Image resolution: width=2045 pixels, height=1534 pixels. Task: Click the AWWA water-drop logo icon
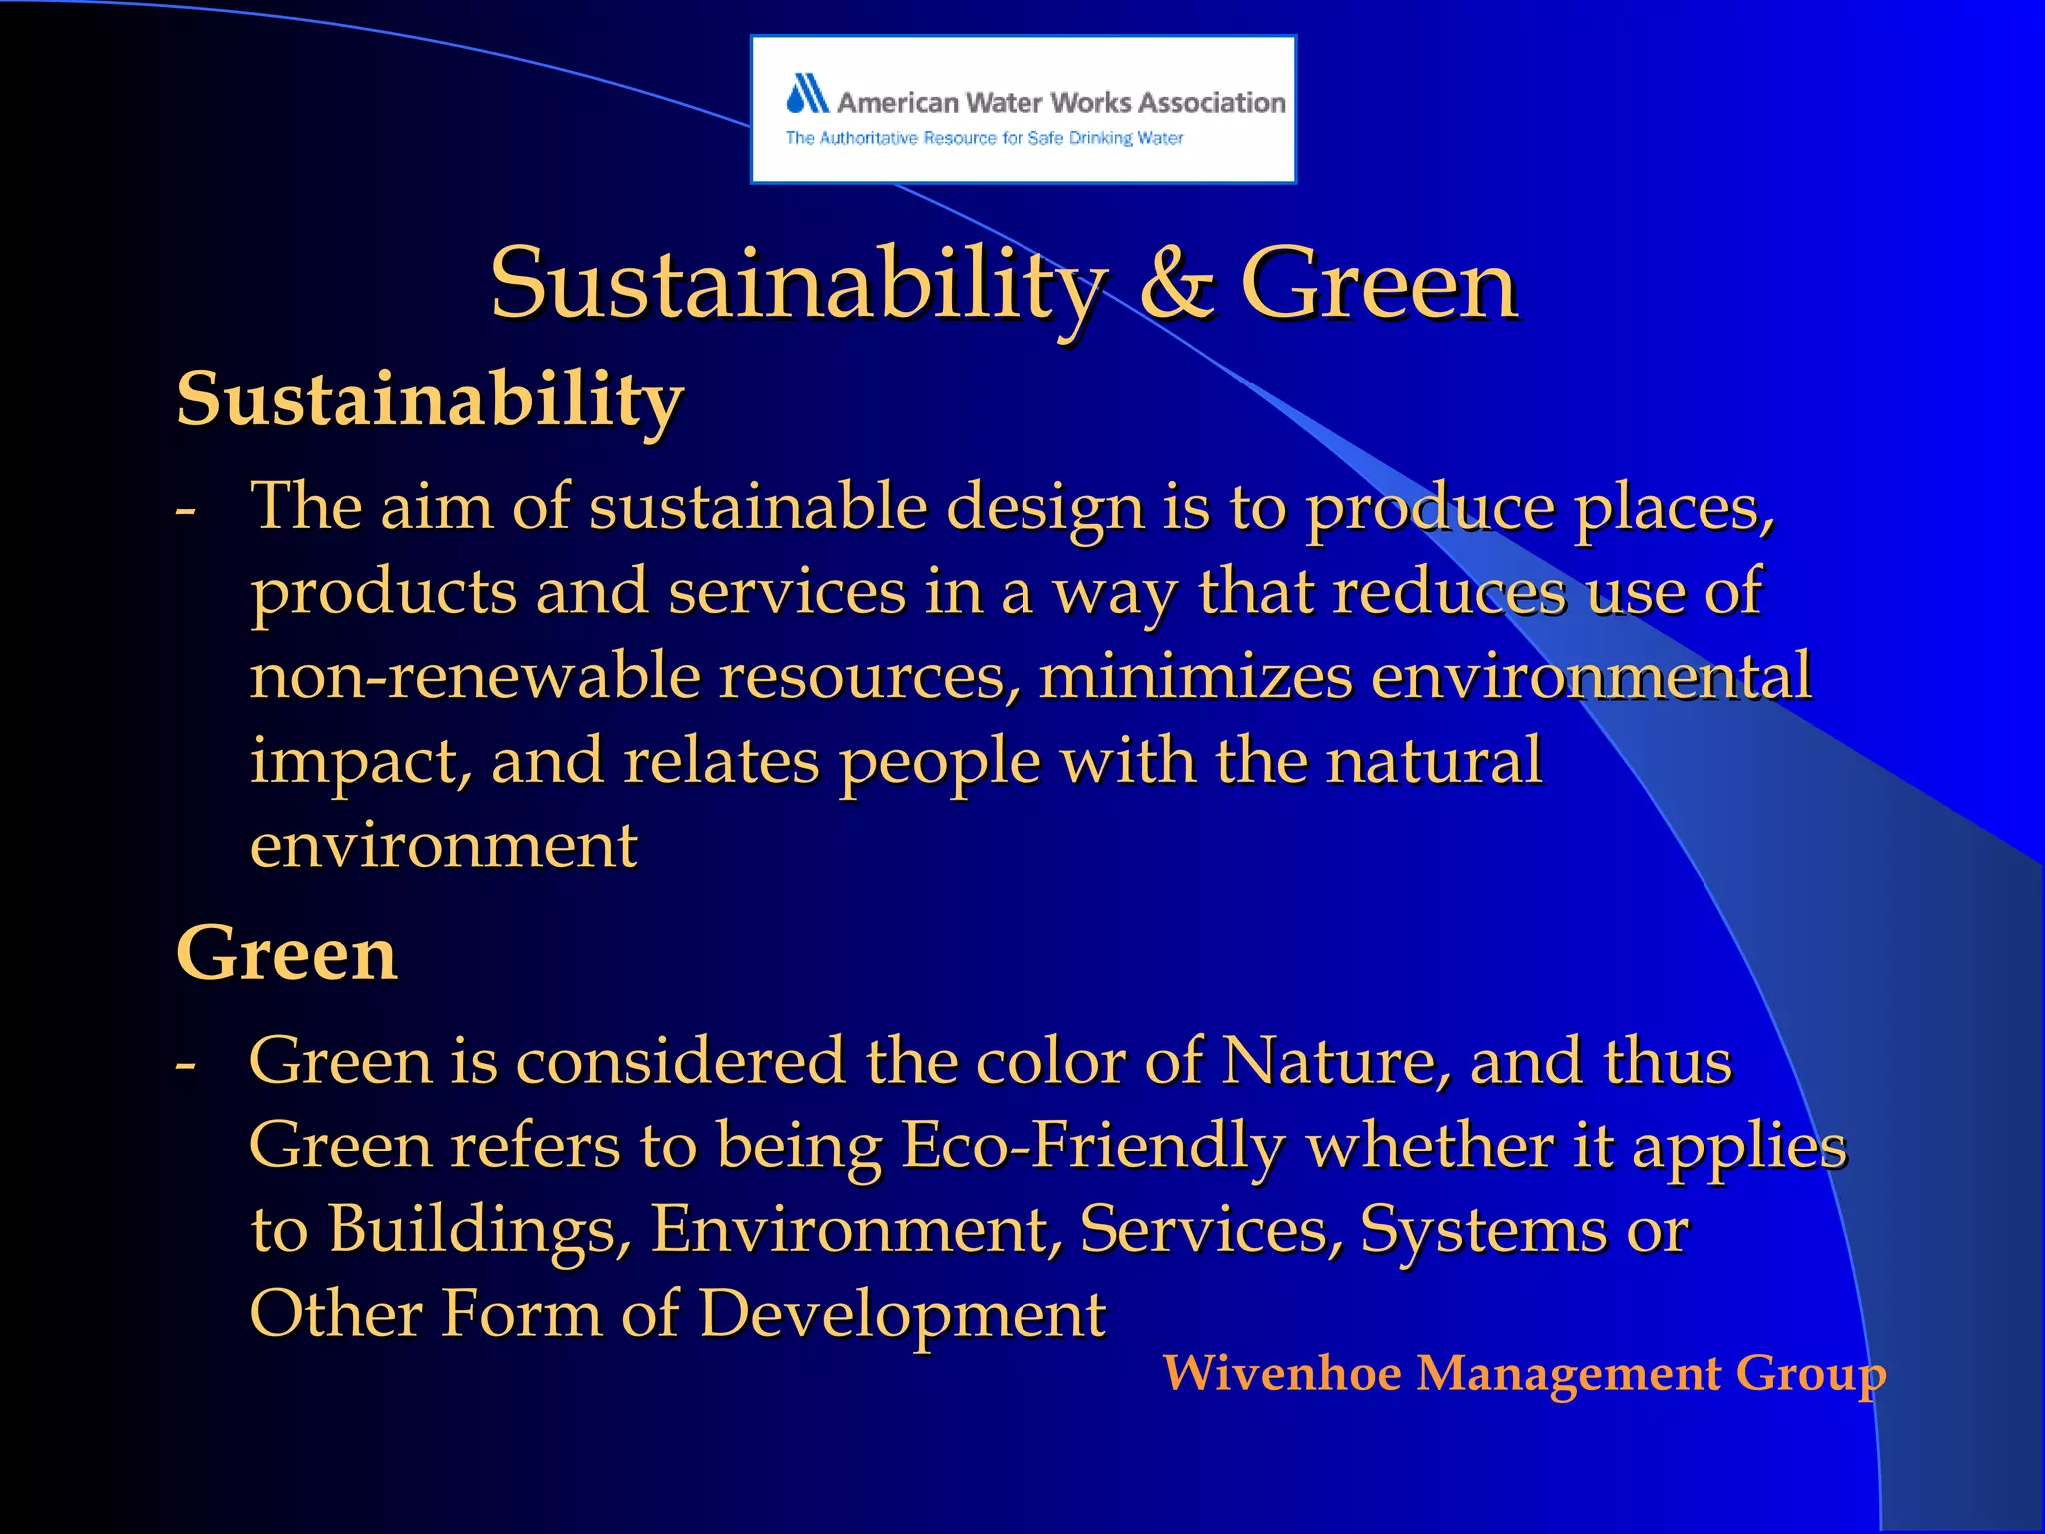[x=807, y=94]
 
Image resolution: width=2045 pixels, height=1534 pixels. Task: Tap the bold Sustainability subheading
[x=429, y=399]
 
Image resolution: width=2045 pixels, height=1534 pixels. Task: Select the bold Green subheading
[x=287, y=954]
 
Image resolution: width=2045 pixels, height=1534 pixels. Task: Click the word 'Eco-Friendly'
[x=1093, y=1146]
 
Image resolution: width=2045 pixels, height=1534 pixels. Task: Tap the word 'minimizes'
[x=1195, y=676]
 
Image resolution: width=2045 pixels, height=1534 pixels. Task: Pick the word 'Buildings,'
[x=479, y=1229]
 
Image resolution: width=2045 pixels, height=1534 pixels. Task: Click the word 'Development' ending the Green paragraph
[x=902, y=1314]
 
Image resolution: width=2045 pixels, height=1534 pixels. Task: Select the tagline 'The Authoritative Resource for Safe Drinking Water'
[x=984, y=138]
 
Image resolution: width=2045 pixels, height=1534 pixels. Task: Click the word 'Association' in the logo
[x=1211, y=102]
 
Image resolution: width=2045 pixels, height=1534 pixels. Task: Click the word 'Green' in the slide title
[x=1378, y=285]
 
